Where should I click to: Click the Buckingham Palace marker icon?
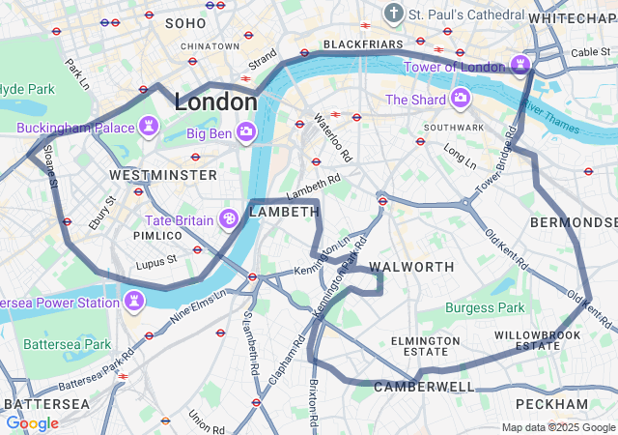point(150,127)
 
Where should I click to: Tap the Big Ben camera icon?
point(247,131)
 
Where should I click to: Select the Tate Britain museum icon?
point(231,220)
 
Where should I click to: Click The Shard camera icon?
point(461,99)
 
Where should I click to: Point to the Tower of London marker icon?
point(522,67)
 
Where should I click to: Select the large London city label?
point(215,102)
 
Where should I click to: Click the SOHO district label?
point(185,22)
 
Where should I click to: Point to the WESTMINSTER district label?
point(163,175)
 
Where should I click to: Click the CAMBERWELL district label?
point(424,387)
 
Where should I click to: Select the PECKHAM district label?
point(551,403)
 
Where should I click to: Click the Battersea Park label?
point(67,344)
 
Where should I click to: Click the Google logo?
point(32,422)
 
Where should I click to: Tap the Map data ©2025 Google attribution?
point(558,427)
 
